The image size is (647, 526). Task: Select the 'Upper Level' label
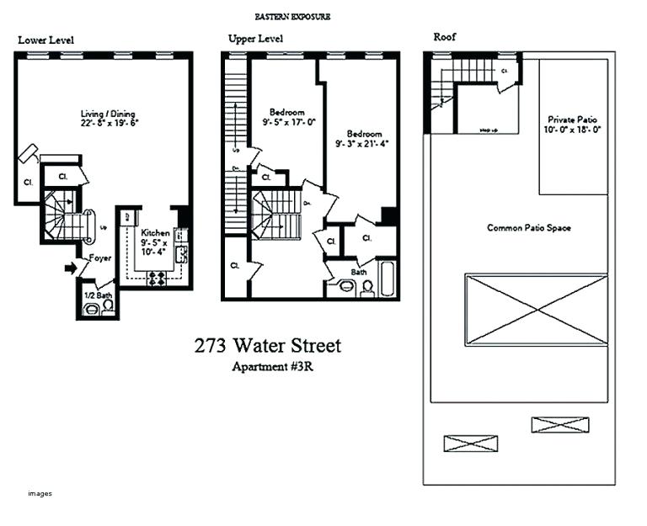(x=255, y=39)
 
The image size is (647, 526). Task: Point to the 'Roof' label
(x=446, y=36)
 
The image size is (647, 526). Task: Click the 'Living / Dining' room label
(x=108, y=114)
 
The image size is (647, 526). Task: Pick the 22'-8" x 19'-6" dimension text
(x=108, y=123)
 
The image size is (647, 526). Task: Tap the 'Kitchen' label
(x=155, y=233)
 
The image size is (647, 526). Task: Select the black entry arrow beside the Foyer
(x=71, y=268)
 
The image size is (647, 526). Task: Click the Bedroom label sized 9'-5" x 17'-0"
(x=286, y=112)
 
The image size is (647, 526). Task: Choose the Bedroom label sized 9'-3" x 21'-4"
(x=364, y=134)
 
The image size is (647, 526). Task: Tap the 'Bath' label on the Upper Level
(x=359, y=272)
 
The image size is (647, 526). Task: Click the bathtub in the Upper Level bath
(x=387, y=279)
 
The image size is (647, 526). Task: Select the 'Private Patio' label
(x=572, y=120)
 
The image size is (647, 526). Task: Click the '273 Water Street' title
(x=268, y=345)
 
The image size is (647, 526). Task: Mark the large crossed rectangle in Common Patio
(x=536, y=308)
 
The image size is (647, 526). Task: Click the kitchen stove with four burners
(x=156, y=279)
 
